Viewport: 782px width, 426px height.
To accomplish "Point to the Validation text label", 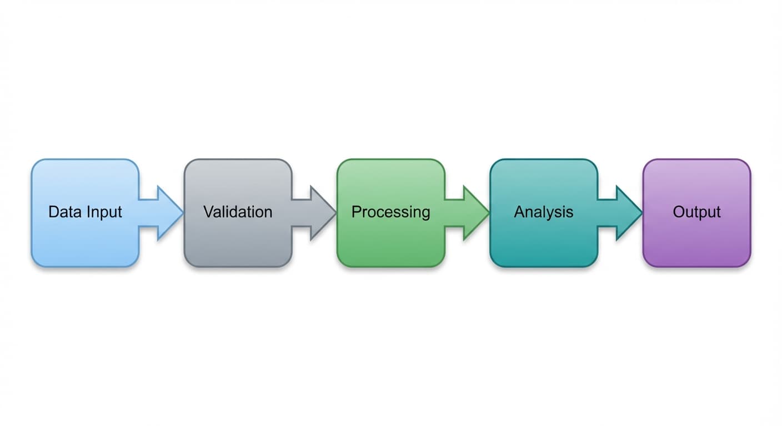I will point(238,212).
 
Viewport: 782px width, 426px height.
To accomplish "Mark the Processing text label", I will point(390,212).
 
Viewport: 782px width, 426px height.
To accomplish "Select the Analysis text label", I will point(543,212).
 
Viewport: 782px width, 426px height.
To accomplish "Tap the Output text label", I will point(696,212).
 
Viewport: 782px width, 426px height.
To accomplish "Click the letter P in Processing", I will point(356,212).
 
